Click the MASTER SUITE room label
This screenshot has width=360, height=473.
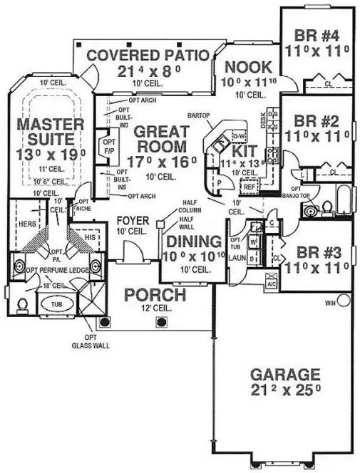pos(51,131)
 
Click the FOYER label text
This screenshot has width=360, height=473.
pos(133,222)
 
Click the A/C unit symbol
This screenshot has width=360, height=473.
pos(271,281)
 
